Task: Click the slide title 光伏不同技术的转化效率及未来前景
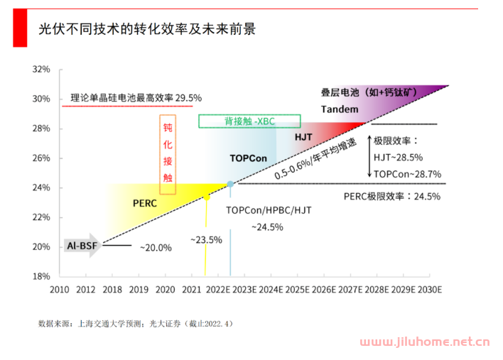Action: click(x=146, y=29)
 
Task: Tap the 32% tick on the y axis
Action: click(x=41, y=69)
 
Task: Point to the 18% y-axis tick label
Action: click(x=41, y=276)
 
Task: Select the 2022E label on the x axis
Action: click(x=217, y=290)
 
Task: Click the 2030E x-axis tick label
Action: click(x=430, y=290)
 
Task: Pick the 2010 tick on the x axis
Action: click(x=59, y=290)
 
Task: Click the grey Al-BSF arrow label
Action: click(x=82, y=246)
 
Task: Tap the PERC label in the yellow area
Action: click(x=144, y=202)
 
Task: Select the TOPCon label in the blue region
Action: click(x=248, y=158)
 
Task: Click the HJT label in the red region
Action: click(x=303, y=136)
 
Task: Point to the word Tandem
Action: click(x=340, y=109)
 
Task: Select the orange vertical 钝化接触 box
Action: click(x=167, y=154)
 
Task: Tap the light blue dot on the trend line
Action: click(x=230, y=184)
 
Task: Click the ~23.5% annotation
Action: click(x=206, y=240)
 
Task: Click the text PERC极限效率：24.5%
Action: click(x=391, y=196)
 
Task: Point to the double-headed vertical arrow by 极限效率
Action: click(x=369, y=155)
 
